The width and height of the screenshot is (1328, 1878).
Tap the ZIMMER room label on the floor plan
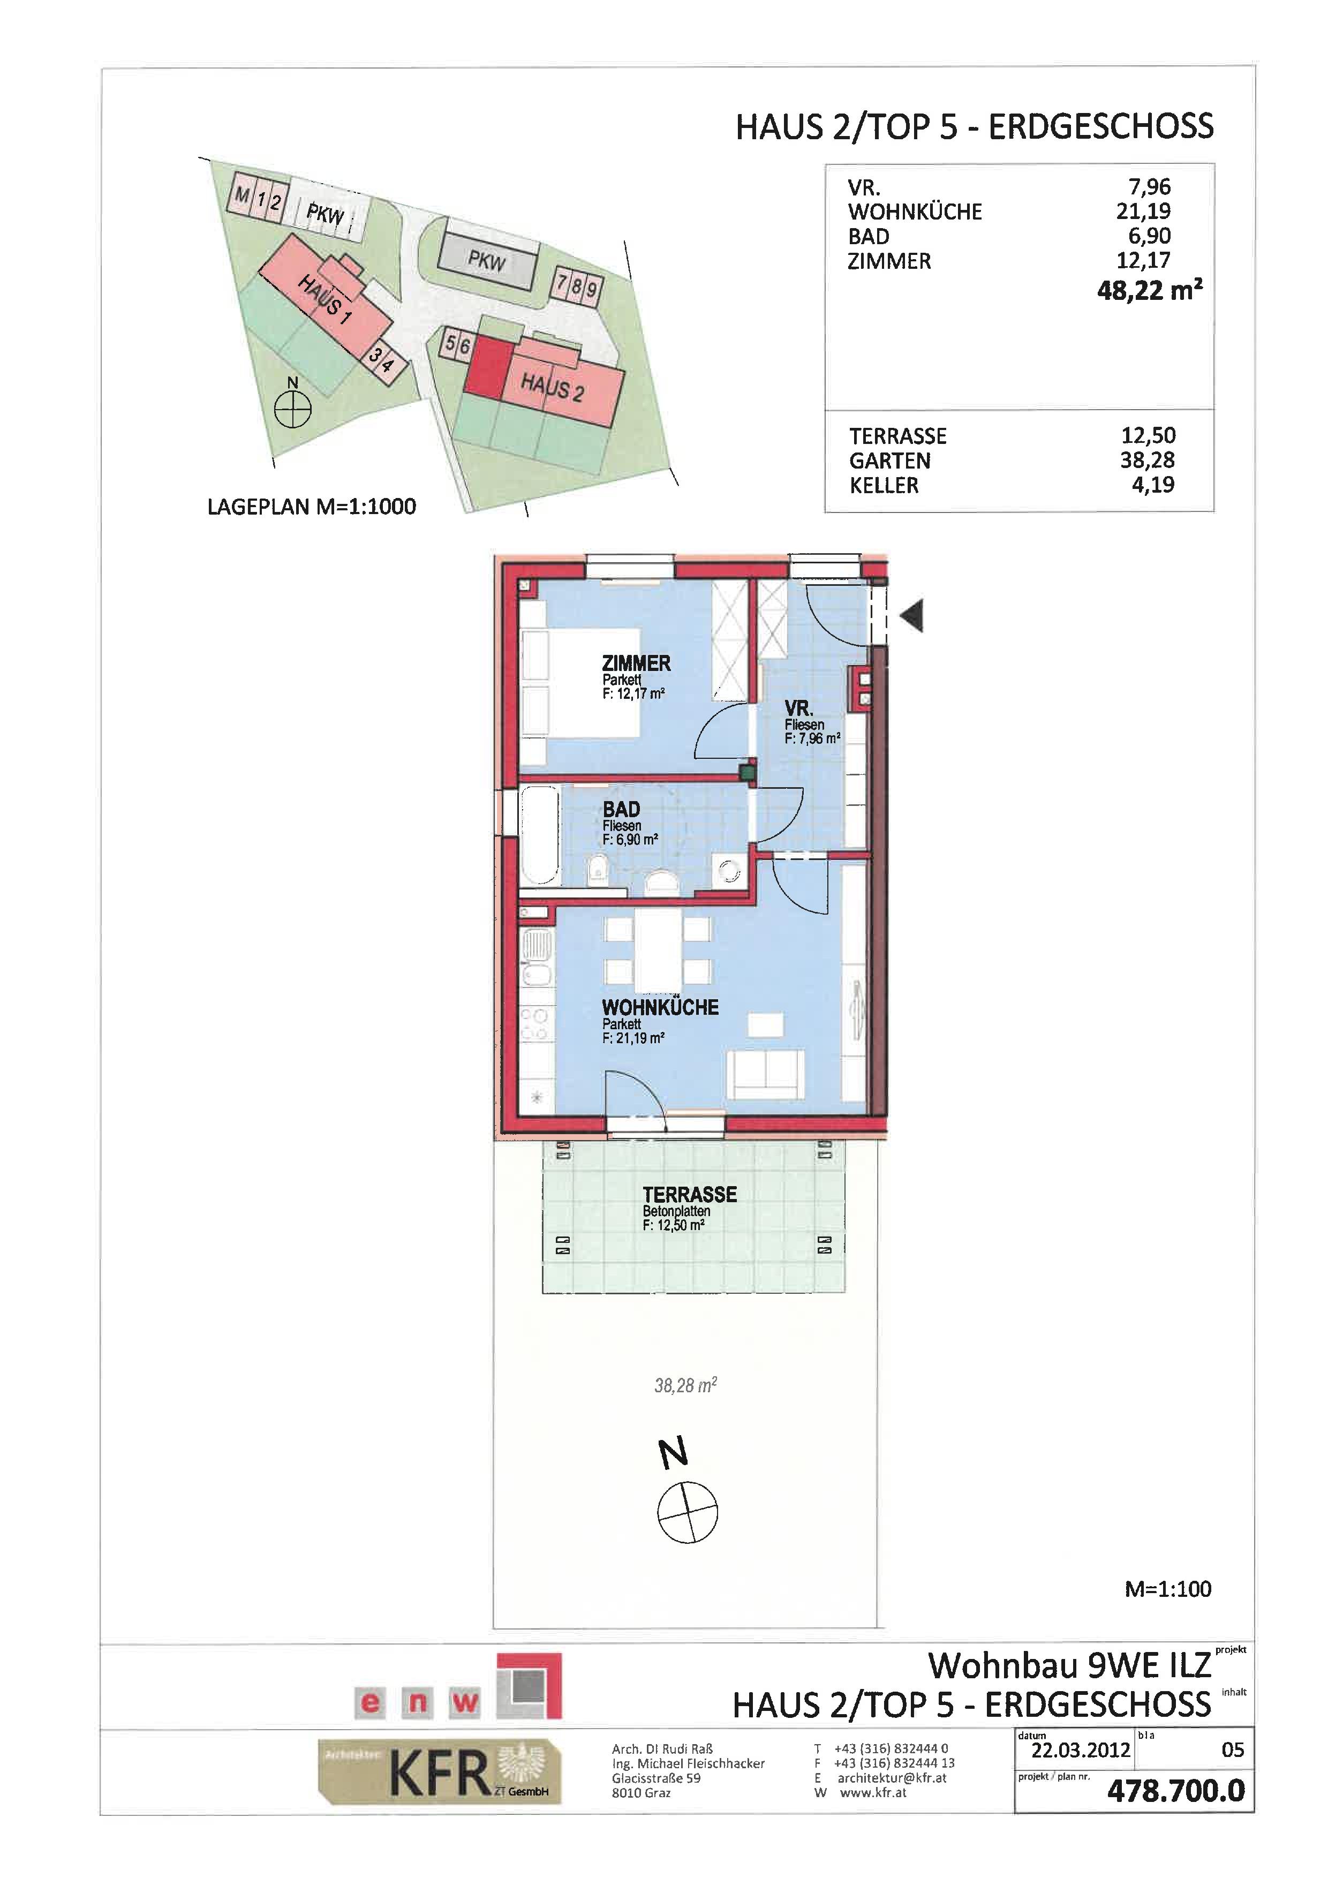click(x=636, y=663)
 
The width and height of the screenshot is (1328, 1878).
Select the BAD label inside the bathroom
click(x=622, y=810)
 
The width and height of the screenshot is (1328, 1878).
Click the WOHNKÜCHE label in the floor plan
click(x=660, y=1008)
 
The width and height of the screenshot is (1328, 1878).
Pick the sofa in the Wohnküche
click(x=765, y=1075)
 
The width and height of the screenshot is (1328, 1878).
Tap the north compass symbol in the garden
click(x=688, y=1512)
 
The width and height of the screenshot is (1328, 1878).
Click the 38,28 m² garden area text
click(x=685, y=1385)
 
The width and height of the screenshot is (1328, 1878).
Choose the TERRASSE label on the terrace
click(x=689, y=1195)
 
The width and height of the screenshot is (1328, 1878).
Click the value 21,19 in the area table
click(x=1143, y=211)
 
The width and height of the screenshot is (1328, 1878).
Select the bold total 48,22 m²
click(x=1150, y=290)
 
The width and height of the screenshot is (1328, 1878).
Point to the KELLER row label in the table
click(x=884, y=485)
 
